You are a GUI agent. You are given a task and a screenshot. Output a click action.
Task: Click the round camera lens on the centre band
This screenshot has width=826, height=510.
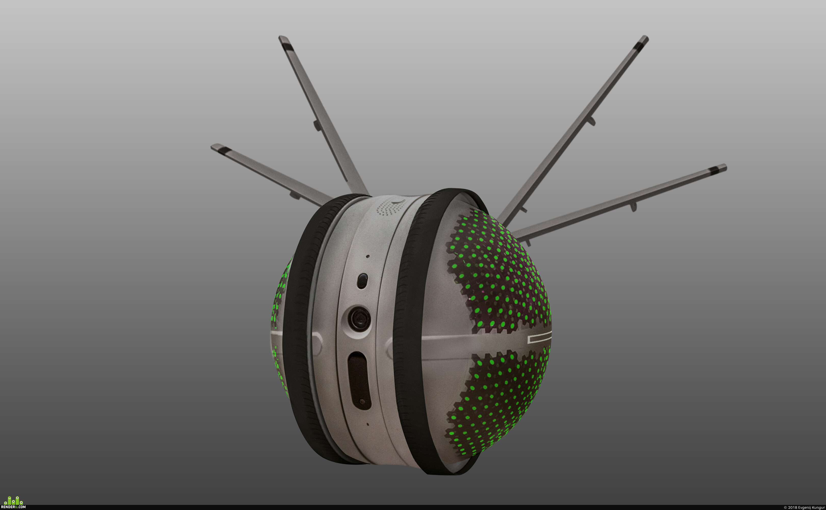click(x=359, y=319)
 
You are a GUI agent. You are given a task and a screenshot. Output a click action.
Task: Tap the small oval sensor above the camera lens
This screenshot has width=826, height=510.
click(x=362, y=281)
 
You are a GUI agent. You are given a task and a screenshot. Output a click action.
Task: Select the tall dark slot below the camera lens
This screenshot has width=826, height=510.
click(x=360, y=380)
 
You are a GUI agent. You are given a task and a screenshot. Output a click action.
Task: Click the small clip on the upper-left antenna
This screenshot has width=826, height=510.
click(x=317, y=125)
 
